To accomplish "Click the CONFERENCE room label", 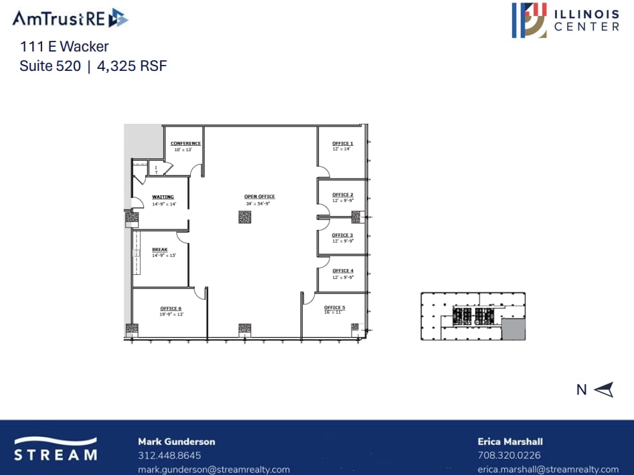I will point(185,144).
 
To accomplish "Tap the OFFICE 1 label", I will point(343,144).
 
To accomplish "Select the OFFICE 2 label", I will point(343,195).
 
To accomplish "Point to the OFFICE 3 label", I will point(342,235).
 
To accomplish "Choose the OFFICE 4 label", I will point(343,271).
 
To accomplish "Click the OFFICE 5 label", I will point(335,308).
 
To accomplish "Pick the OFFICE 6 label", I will point(171,308).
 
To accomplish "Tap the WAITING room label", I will point(163,197).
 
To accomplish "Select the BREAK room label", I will point(159,250).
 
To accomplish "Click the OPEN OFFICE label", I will point(260,197).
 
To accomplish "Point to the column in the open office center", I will point(244,217).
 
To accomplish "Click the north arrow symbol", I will point(603,389).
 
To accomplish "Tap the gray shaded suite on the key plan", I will point(513,329).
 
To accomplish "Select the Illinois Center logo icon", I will point(530,19).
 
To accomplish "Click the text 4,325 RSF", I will point(132,66).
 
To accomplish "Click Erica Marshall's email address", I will point(548,470).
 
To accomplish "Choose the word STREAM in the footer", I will point(56,455).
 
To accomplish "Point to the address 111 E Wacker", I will point(64,47).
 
